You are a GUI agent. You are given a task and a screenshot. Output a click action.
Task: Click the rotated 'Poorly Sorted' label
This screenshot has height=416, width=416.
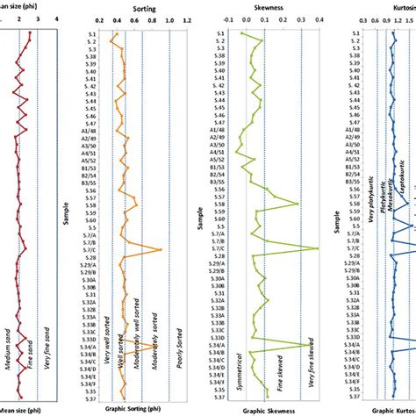coord(178,336)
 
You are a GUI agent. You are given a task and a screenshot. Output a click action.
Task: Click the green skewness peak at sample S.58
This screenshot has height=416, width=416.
coord(298,204)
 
